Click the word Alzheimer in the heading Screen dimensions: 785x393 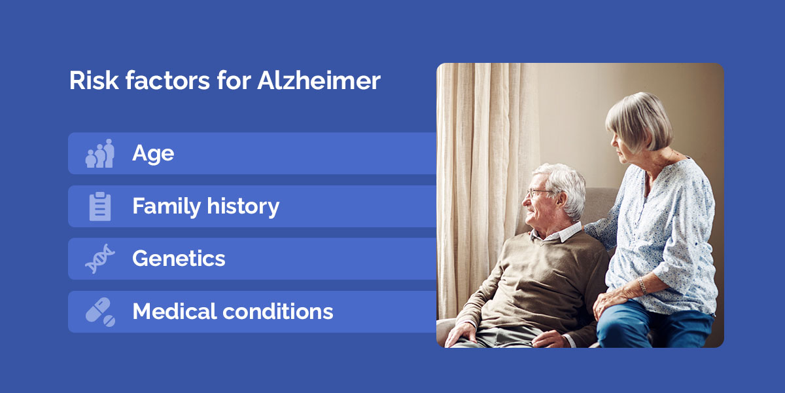point(319,81)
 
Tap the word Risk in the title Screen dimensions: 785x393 point(94,81)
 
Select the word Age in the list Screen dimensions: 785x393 point(153,154)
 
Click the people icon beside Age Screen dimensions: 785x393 point(100,153)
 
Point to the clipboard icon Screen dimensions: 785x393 point(100,206)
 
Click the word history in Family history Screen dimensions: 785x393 point(243,206)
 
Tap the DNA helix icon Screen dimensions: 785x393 point(100,259)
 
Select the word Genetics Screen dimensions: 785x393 point(179,259)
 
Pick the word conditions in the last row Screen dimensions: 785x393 point(278,311)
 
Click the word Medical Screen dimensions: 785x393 point(175,311)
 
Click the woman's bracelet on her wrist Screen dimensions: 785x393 point(642,286)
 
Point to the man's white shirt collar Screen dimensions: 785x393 point(557,233)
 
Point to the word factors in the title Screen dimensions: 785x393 point(167,81)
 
